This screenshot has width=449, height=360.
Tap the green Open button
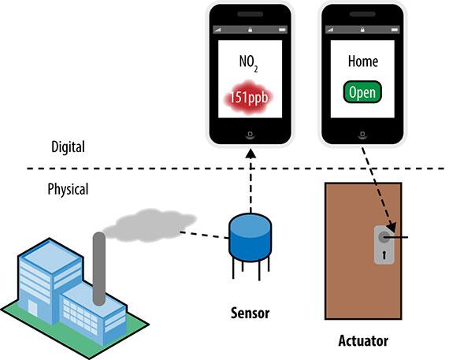(362, 91)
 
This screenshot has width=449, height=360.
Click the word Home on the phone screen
(362, 61)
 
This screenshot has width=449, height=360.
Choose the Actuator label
(362, 342)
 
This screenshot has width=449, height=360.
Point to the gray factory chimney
(98, 268)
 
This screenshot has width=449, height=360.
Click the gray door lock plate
(382, 244)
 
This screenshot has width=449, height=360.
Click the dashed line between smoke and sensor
(203, 234)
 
